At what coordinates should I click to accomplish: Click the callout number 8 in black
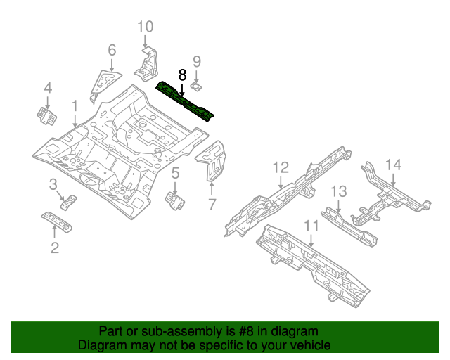click(183, 75)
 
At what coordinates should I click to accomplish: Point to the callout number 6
click(112, 50)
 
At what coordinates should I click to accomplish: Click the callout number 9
click(197, 62)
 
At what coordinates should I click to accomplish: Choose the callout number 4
click(48, 88)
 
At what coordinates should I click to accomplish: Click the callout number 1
click(75, 106)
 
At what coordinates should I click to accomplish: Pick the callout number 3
click(53, 185)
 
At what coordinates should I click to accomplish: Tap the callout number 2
click(55, 247)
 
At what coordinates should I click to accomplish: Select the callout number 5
click(176, 173)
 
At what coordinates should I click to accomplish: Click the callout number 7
click(212, 205)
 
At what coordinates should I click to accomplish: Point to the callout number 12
click(281, 167)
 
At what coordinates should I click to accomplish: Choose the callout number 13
click(339, 191)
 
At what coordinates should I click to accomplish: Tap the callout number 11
click(311, 225)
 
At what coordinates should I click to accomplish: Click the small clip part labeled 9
click(198, 86)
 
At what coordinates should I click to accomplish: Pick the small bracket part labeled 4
click(46, 115)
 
